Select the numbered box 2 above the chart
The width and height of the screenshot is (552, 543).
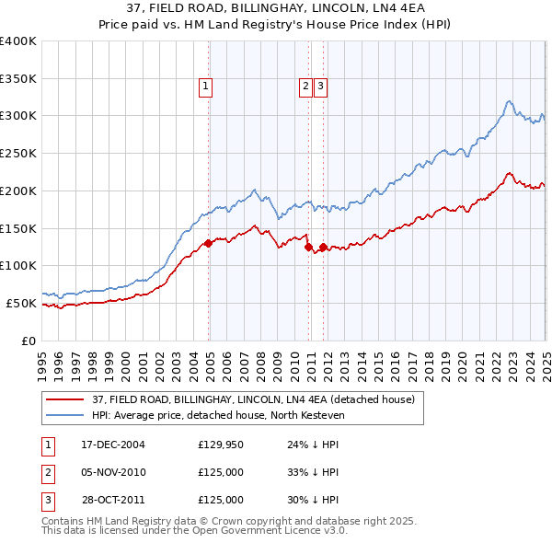pyautogui.click(x=305, y=87)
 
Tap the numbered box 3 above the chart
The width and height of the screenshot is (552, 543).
pyautogui.click(x=320, y=87)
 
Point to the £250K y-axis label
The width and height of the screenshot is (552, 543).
pyautogui.click(x=18, y=153)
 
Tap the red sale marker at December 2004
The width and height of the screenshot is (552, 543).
pyautogui.click(x=209, y=243)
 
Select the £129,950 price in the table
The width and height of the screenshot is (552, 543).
pyautogui.click(x=221, y=445)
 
